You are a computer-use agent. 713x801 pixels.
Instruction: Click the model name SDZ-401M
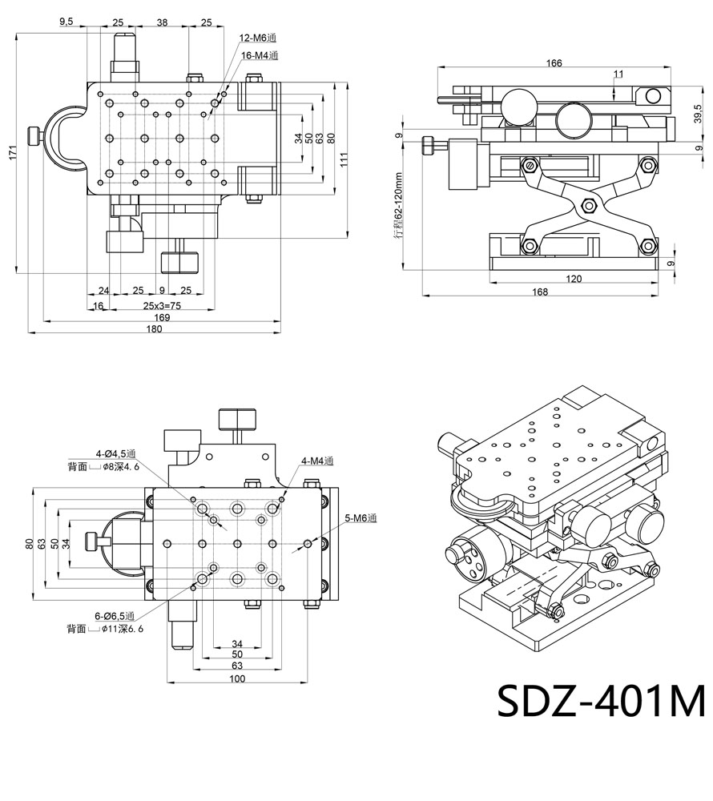tap(601, 701)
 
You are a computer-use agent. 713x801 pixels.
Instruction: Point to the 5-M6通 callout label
tap(360, 518)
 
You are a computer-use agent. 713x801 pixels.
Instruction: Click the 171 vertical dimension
tap(12, 153)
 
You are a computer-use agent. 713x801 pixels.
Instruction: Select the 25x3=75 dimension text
tap(162, 306)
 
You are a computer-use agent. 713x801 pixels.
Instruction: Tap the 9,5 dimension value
tap(67, 22)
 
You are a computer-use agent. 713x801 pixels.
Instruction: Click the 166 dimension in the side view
tap(553, 62)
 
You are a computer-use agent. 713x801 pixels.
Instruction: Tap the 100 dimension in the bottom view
tap(237, 679)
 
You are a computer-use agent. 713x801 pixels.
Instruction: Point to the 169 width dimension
tap(162, 317)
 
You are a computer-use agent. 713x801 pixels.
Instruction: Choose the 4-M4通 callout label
tap(316, 461)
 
